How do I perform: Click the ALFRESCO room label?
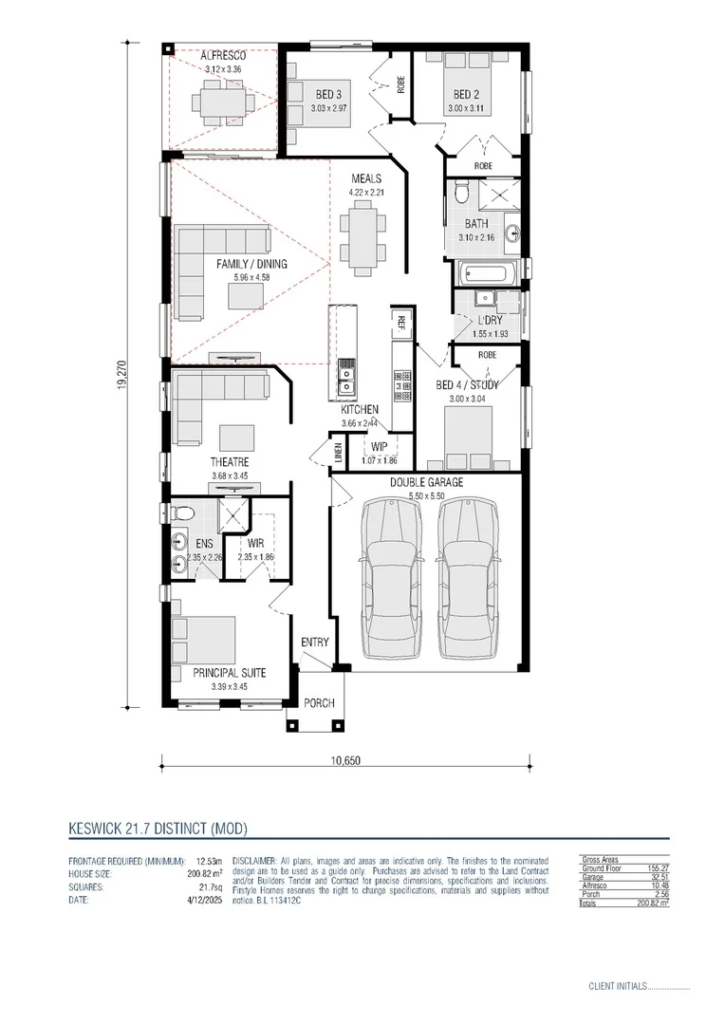click(223, 56)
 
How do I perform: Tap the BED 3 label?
click(329, 94)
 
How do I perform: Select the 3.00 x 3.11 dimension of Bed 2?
click(465, 109)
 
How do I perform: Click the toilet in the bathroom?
click(461, 193)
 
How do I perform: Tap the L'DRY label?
click(491, 321)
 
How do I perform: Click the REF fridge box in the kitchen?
click(401, 322)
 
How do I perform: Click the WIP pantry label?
click(378, 447)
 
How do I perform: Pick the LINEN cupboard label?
click(338, 452)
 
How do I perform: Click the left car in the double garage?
click(391, 579)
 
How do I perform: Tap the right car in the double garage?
click(467, 579)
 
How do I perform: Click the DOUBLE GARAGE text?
click(427, 482)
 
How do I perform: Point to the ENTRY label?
click(315, 643)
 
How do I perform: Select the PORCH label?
click(318, 703)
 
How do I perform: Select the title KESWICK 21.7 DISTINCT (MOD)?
click(158, 828)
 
